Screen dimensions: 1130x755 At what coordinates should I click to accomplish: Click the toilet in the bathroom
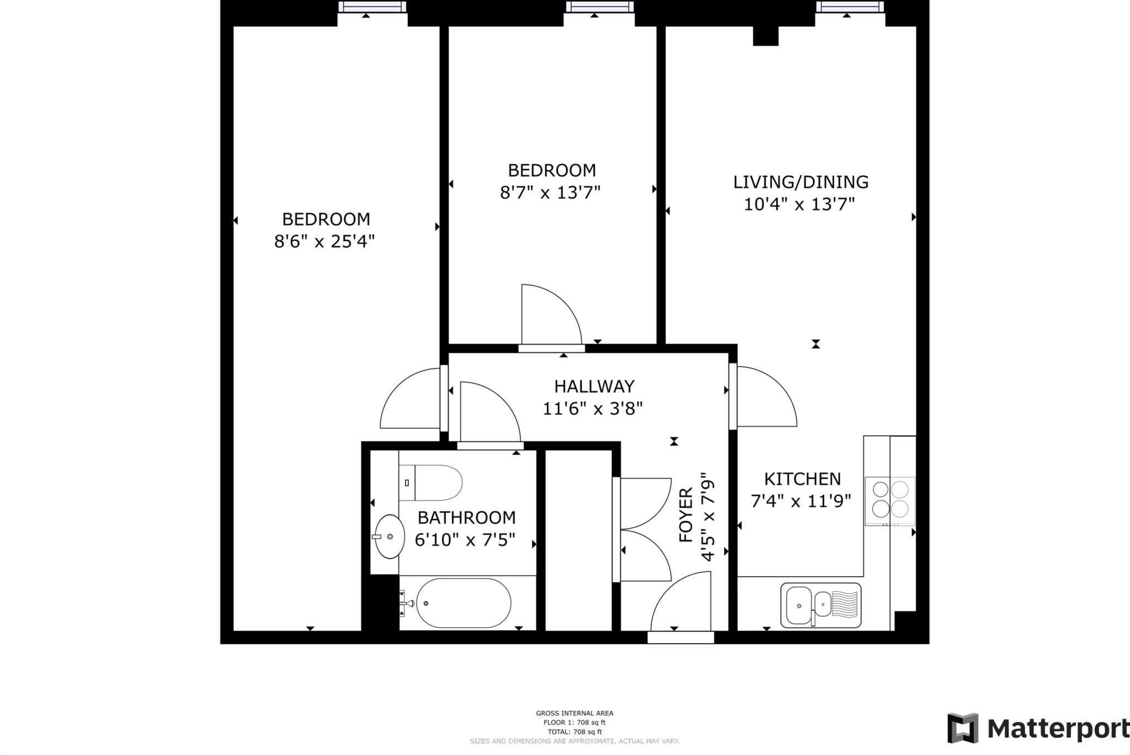[x=430, y=483]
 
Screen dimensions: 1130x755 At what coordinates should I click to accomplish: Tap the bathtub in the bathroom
[x=463, y=603]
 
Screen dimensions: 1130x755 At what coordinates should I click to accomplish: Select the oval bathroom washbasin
[x=390, y=537]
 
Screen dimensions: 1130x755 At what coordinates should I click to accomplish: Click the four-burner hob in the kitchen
[x=890, y=501]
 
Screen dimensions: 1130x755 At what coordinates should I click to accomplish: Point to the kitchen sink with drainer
[x=821, y=605]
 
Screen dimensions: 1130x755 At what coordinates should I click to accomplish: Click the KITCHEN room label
[x=802, y=479]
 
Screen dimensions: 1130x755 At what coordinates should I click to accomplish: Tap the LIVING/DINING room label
[x=801, y=181]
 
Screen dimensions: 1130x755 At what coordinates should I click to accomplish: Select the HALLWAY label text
[x=594, y=386]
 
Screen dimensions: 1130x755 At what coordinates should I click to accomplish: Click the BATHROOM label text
[x=466, y=517]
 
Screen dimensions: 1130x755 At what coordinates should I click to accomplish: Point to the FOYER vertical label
[x=686, y=515]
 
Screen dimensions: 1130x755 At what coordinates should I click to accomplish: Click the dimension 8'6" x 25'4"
[x=324, y=242]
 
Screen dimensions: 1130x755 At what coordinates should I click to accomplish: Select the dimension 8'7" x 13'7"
[x=550, y=192]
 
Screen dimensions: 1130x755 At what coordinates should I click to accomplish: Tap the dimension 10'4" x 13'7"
[x=799, y=205]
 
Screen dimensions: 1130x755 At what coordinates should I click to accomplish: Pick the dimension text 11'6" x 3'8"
[x=593, y=409]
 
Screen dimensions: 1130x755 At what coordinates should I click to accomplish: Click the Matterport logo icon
[x=963, y=728]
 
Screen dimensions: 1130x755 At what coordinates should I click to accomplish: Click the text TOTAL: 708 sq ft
[x=574, y=732]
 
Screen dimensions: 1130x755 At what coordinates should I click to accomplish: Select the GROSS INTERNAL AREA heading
[x=574, y=713]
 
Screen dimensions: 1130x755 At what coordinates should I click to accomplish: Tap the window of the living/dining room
[x=850, y=7]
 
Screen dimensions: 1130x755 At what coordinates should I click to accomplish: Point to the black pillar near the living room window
[x=766, y=35]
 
